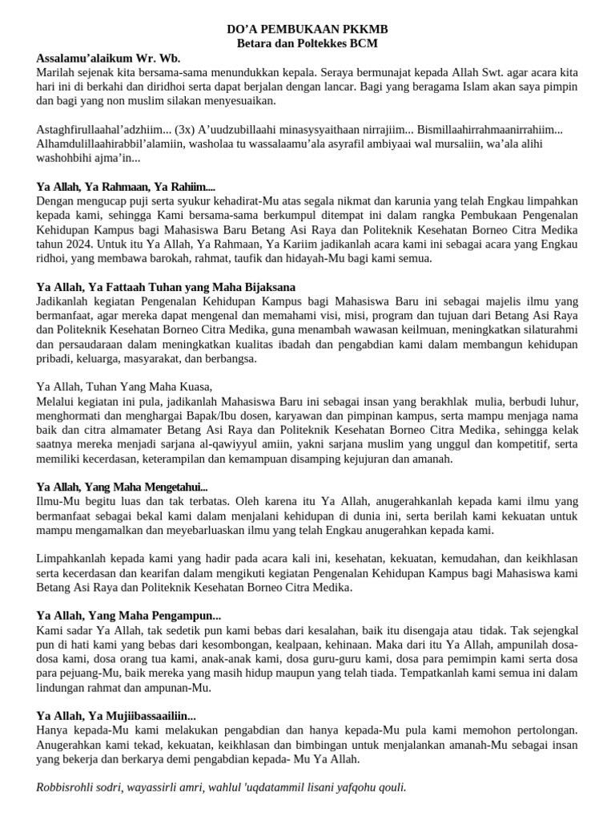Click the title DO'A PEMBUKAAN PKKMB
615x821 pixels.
(307, 30)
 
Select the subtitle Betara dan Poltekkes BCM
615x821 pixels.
(307, 43)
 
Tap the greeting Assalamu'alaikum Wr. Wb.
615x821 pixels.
(109, 58)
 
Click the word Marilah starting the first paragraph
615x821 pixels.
(56, 72)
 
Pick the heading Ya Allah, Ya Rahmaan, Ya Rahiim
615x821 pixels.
(126, 187)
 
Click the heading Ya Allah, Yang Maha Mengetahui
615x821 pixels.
(123, 487)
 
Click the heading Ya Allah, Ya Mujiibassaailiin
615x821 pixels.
(116, 716)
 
